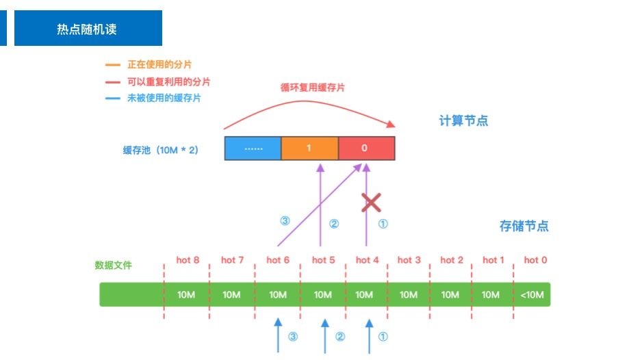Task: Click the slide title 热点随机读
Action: tap(87, 29)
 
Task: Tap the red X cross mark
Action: tap(371, 202)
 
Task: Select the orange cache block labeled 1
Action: tap(309, 148)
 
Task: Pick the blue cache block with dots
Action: tap(253, 148)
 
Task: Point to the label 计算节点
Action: tap(463, 121)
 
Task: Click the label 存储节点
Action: tap(524, 226)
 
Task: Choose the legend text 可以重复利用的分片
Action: tap(168, 81)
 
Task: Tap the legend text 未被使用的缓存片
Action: tap(164, 98)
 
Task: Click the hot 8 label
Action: tap(188, 260)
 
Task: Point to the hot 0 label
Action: tap(535, 260)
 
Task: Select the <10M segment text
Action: tap(531, 295)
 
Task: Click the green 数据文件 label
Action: tap(113, 265)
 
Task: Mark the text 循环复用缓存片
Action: tap(313, 88)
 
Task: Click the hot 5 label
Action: tap(324, 260)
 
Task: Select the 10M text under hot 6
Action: tap(278, 295)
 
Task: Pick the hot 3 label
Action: tap(409, 260)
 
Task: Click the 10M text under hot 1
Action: tap(490, 295)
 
